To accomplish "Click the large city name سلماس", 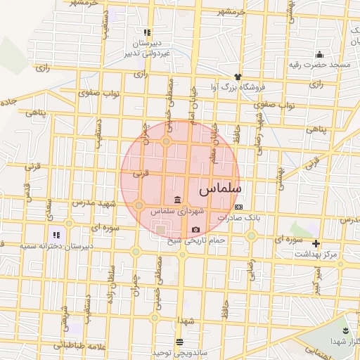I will tap(220, 190).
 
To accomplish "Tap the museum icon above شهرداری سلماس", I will tap(175, 198).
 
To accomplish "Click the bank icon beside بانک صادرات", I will tap(239, 207).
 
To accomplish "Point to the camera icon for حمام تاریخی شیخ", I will tap(195, 230).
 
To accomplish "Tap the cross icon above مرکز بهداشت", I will tap(316, 243).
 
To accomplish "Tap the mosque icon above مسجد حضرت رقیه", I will tap(320, 55).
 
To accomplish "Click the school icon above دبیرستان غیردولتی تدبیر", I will tap(147, 32).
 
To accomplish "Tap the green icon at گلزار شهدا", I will tap(345, 330).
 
